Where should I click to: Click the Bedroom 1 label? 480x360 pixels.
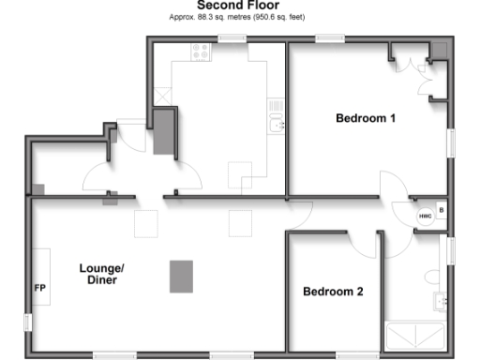tap(367, 118)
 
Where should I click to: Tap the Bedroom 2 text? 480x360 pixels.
tap(333, 292)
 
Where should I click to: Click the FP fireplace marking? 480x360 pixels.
tap(40, 287)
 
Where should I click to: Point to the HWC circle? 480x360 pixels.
tap(425, 214)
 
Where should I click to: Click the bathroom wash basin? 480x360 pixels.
tap(440, 300)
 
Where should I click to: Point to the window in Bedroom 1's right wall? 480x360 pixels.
tap(452, 146)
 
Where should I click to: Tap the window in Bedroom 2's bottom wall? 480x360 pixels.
tap(328, 353)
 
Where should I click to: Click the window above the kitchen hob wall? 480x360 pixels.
tap(231, 38)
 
